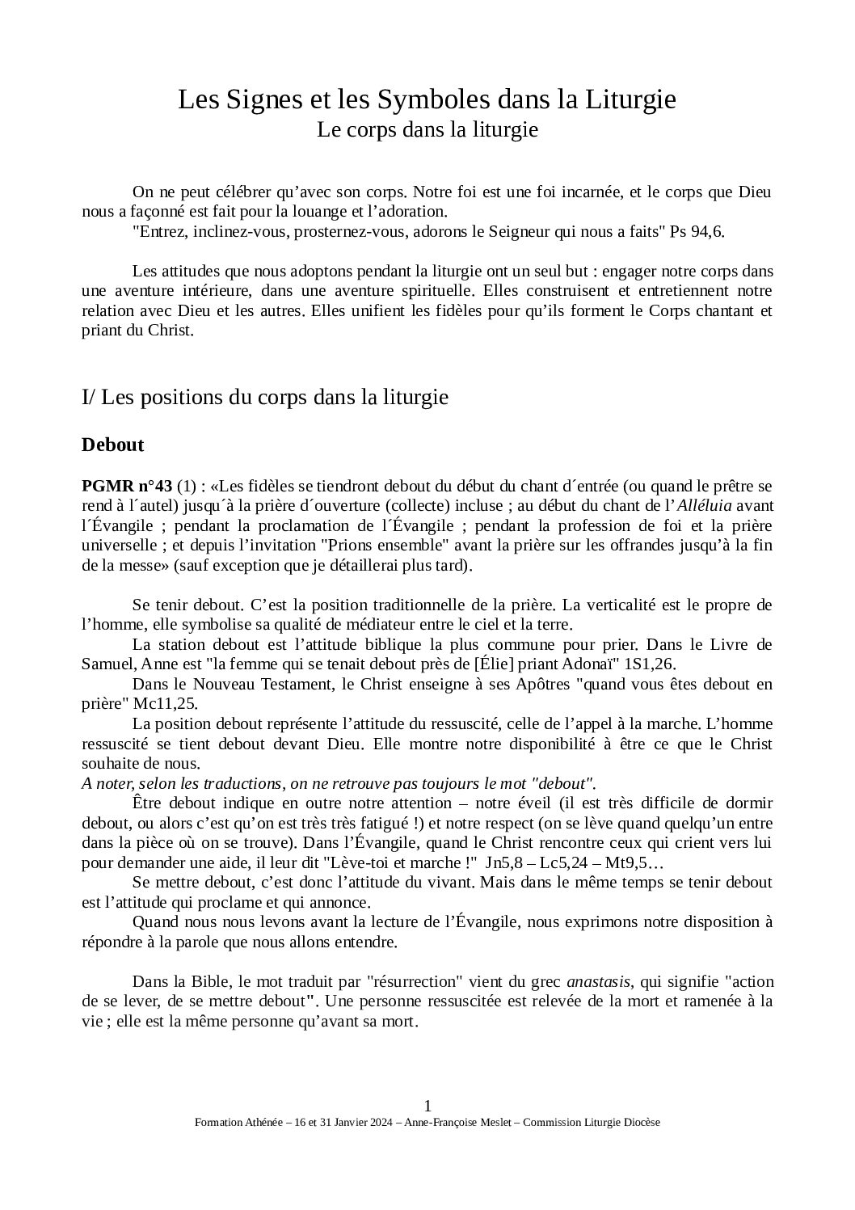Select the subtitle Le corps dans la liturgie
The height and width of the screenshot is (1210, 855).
pyautogui.click(x=427, y=129)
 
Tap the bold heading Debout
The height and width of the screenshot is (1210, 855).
pyautogui.click(x=112, y=445)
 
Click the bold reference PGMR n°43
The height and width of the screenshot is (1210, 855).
pyautogui.click(x=127, y=487)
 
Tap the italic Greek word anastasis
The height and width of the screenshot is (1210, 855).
pyautogui.click(x=598, y=982)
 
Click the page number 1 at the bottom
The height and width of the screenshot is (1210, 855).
pyautogui.click(x=428, y=1106)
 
